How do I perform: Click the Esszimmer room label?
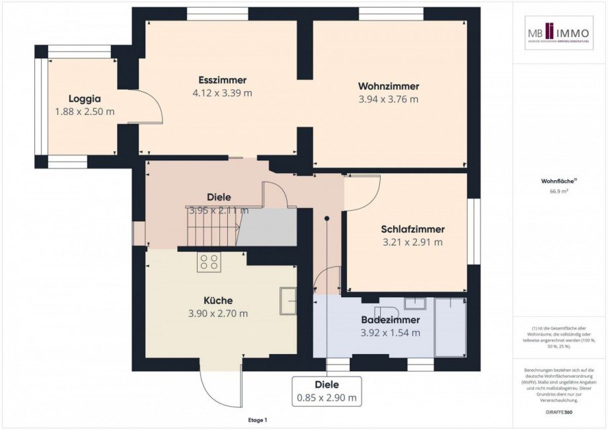[222, 81]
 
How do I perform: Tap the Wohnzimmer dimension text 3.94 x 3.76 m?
[389, 99]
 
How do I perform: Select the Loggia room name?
[85, 98]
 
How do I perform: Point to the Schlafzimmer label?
[412, 229]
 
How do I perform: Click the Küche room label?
[218, 301]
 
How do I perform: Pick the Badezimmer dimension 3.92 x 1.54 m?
[391, 332]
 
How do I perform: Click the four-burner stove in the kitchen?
[209, 262]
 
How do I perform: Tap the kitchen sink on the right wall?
[288, 301]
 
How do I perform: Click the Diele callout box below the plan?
[327, 390]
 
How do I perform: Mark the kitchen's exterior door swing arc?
[218, 390]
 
